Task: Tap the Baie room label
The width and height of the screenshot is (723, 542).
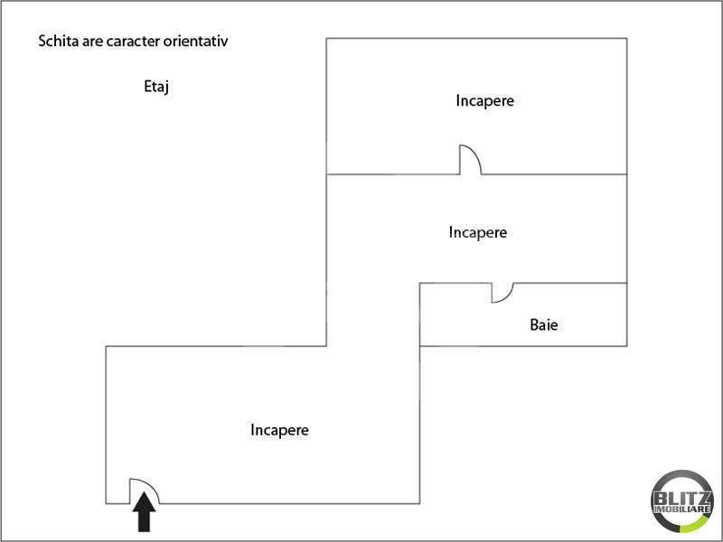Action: coord(544,323)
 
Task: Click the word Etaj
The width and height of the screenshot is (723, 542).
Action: coord(157,87)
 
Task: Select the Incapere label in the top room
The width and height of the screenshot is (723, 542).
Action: coord(484,100)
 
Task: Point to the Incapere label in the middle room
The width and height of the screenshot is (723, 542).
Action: coord(477,232)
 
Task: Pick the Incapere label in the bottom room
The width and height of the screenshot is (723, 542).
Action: coord(279,430)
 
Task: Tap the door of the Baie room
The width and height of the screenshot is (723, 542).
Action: coord(502,292)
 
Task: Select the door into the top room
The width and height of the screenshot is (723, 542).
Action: coord(470,160)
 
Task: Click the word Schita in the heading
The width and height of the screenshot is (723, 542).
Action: coord(57,42)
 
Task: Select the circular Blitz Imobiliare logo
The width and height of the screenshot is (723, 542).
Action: coord(682,502)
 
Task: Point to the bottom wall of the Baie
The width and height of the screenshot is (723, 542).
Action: coord(524,346)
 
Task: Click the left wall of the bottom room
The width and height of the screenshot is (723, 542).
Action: coord(106,425)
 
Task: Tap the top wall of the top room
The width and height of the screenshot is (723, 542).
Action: coord(476,38)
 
